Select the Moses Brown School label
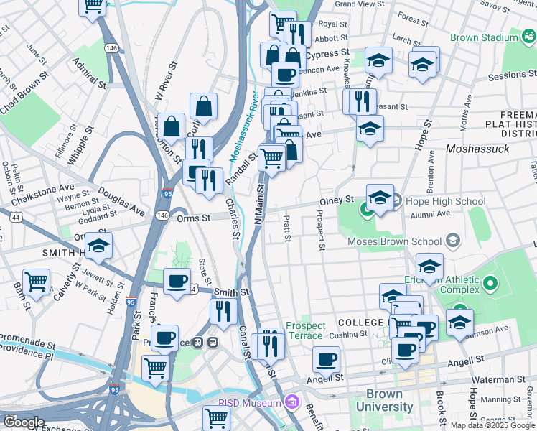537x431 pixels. tap(394, 241)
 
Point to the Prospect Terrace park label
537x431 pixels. tap(305, 331)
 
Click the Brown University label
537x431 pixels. tap(389, 400)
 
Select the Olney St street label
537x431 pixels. tap(340, 200)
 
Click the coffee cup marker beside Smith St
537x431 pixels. tap(177, 282)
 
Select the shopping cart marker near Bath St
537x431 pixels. tap(35, 282)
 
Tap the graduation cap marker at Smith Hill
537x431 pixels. tap(98, 246)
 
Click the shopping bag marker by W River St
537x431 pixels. tap(203, 106)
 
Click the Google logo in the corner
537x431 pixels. tap(24, 422)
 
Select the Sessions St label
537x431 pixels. tap(507, 75)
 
